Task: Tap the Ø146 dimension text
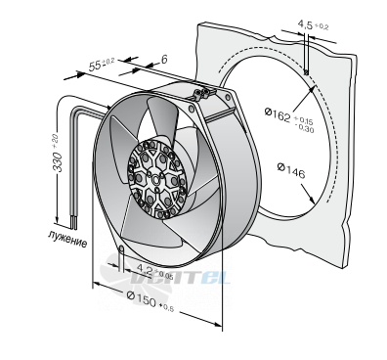291,171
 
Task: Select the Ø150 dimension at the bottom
142,299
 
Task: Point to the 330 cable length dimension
58,161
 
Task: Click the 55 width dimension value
95,66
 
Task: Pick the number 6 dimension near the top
164,60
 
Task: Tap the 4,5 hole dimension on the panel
305,23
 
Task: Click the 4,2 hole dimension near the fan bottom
145,268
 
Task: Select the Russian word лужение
67,239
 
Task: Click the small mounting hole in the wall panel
306,72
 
